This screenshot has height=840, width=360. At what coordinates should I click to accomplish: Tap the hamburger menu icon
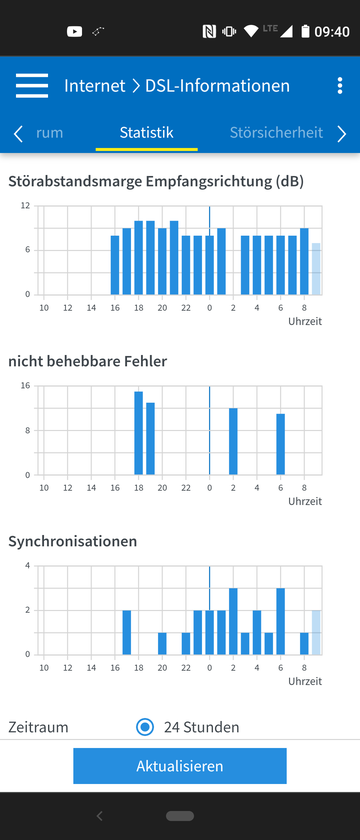coord(32,86)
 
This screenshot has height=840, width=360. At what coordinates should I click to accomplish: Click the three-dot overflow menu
coord(340,86)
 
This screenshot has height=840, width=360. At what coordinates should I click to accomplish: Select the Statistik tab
coord(146,132)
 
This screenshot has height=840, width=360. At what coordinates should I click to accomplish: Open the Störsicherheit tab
coord(276,132)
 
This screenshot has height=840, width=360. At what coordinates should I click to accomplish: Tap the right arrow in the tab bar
coord(342,134)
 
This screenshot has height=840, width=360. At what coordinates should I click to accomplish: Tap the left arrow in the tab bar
coord(18,134)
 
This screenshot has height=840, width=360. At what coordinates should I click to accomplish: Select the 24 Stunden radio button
coord(145,727)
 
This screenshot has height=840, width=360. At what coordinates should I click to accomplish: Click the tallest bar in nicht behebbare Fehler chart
coord(138,433)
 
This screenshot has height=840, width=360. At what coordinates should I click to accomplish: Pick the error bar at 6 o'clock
coord(281,444)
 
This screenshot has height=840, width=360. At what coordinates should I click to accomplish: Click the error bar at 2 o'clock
coord(233,441)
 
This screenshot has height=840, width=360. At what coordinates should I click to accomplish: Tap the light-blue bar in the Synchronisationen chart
coord(316,632)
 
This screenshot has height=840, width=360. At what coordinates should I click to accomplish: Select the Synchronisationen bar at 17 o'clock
coord(126,632)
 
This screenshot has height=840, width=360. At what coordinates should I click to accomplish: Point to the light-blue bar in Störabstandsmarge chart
coord(316,269)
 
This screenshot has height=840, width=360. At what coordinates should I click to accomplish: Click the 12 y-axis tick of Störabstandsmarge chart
coord(26,205)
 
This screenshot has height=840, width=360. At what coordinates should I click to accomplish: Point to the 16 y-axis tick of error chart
coord(26,386)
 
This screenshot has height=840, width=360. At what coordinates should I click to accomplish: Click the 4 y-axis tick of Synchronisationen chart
coord(28,566)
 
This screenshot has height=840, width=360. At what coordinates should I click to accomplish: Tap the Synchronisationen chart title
coord(73,541)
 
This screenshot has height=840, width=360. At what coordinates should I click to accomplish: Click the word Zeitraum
coord(39,727)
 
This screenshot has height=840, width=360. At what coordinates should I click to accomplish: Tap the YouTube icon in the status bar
coord(74,32)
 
